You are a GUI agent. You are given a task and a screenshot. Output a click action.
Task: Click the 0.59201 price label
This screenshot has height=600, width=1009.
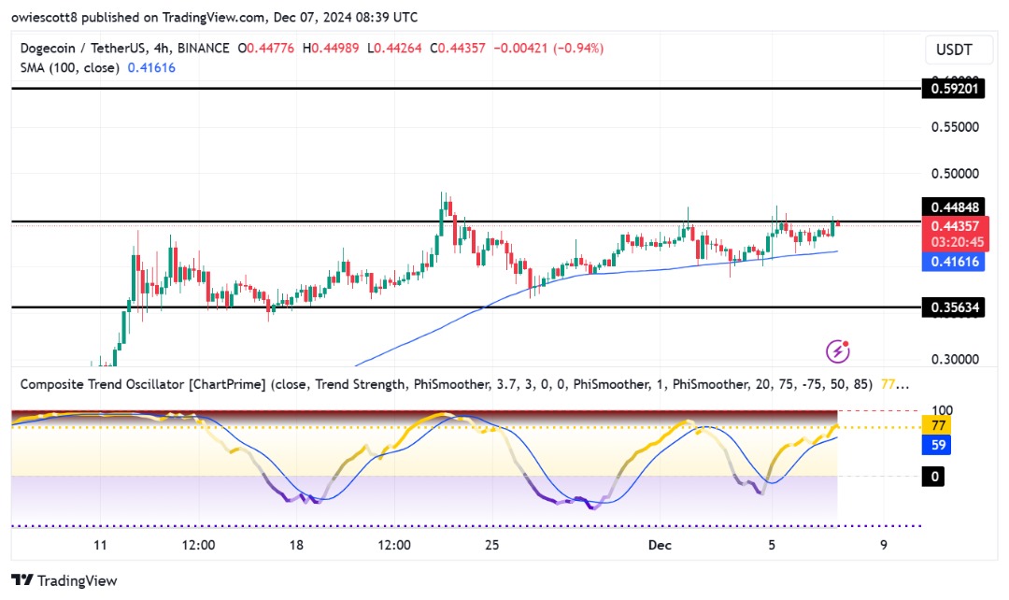point(954,90)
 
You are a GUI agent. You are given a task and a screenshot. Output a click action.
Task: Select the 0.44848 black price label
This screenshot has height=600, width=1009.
point(954,207)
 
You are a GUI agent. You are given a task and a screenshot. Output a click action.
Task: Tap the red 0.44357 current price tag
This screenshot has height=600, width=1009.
point(954,225)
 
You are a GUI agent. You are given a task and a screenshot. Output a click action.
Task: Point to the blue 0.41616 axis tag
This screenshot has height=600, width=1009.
point(954,262)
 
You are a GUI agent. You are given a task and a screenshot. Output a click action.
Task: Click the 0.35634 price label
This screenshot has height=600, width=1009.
point(954,307)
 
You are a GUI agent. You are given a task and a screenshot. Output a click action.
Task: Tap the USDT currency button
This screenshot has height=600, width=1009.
point(954,49)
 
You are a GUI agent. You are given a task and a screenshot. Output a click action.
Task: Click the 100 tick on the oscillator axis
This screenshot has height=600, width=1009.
point(942,410)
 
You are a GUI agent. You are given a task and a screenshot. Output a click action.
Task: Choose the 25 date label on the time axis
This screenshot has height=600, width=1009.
point(492,545)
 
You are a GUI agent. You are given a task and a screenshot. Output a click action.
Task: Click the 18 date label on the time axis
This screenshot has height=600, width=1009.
point(296,545)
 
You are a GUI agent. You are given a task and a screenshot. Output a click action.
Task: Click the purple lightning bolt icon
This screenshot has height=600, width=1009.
point(838,352)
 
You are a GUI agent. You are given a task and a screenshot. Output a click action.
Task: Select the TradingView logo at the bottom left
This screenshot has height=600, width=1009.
point(64,580)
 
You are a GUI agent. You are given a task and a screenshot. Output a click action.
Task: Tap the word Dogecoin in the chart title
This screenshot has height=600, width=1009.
point(49,48)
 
